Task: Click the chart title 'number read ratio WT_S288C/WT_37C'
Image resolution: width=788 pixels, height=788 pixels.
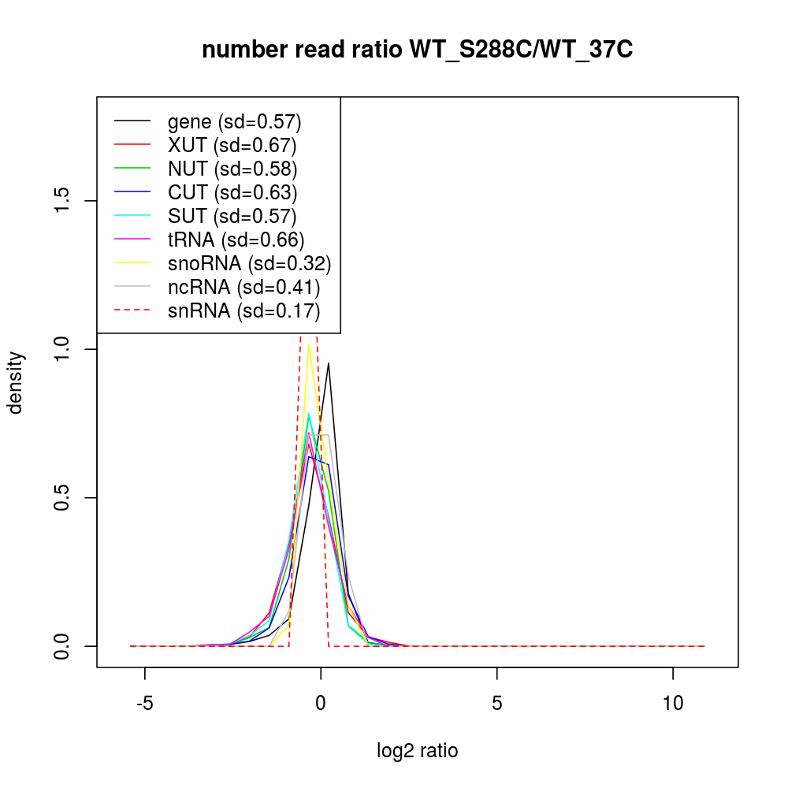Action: tap(417, 50)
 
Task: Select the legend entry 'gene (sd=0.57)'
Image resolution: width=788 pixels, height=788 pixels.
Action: tap(235, 121)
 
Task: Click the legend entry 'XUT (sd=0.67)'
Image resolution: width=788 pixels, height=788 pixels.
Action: tap(232, 145)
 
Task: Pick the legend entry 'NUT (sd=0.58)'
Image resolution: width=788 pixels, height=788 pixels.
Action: tap(232, 169)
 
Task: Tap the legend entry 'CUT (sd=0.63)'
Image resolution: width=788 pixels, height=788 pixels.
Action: tap(232, 192)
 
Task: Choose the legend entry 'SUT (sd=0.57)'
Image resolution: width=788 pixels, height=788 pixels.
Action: tap(232, 216)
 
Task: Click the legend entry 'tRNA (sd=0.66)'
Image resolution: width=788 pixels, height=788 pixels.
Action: tap(236, 240)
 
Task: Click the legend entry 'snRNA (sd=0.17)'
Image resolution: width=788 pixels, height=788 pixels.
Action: tap(243, 310)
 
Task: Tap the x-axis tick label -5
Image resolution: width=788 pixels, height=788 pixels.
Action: tap(145, 703)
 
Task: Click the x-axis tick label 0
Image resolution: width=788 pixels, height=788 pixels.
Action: tap(321, 703)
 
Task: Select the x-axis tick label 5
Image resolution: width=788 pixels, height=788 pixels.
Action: tap(497, 703)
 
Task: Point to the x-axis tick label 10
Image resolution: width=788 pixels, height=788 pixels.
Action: tap(673, 703)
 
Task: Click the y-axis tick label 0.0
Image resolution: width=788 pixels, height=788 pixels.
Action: tap(62, 646)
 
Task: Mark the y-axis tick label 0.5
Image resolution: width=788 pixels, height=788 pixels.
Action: tap(62, 498)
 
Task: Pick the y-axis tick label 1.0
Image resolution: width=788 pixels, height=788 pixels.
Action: tap(62, 349)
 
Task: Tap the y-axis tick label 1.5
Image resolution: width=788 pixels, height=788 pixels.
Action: tap(62, 201)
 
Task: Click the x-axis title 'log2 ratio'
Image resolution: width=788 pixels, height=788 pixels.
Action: tap(417, 750)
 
